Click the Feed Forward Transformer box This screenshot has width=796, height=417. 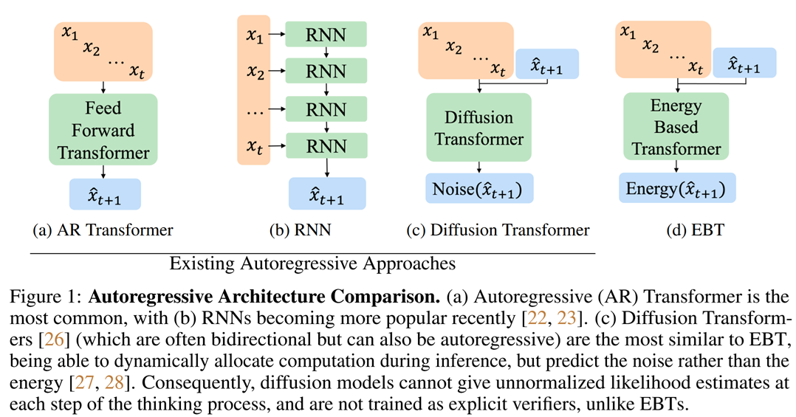[103, 130]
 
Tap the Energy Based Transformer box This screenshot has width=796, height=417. [676, 126]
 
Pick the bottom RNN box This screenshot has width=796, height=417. [326, 144]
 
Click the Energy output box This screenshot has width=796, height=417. [676, 189]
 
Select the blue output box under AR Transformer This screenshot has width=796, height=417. [104, 194]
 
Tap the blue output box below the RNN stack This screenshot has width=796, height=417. [326, 194]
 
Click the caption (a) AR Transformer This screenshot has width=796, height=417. [103, 230]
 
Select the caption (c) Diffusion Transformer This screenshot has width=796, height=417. [498, 230]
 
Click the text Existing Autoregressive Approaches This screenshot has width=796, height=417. [312, 263]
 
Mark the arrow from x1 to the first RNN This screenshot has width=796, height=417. [275, 34]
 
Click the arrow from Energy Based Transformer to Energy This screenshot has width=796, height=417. [676, 165]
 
